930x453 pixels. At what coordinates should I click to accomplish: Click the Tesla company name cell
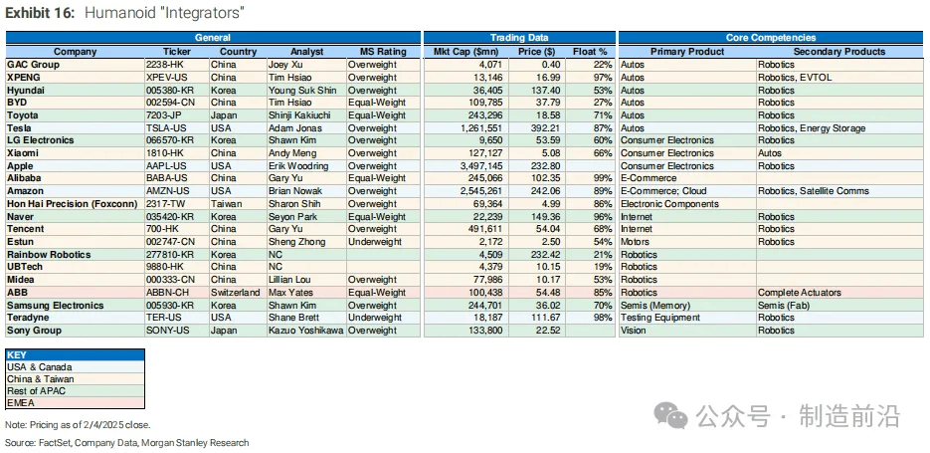tap(20, 128)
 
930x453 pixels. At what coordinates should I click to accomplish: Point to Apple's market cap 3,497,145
tap(475, 166)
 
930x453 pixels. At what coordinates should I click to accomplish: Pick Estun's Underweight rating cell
tap(375, 242)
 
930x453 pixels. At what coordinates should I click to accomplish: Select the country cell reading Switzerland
tap(236, 293)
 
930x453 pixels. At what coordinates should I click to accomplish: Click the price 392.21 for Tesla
tap(546, 128)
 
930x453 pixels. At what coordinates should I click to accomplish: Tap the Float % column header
tap(590, 52)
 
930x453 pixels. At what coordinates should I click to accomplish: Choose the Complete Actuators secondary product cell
tap(799, 293)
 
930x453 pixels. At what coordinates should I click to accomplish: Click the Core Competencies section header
tap(771, 38)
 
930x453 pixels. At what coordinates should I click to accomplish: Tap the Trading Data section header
tap(519, 38)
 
